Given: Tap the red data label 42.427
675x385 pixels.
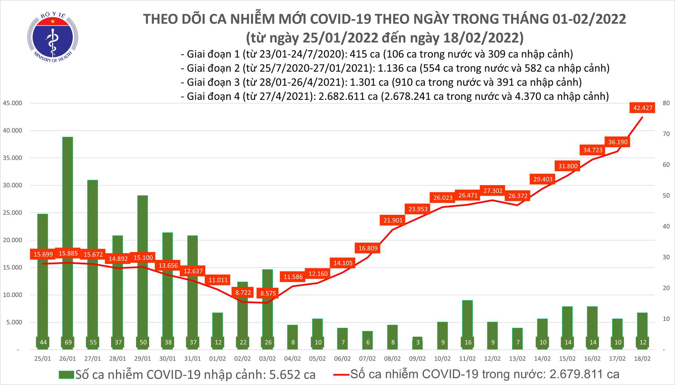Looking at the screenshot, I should coord(643,108).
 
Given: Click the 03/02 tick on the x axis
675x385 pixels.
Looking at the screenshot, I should coord(267,359).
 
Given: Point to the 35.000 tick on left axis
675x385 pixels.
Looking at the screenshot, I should coord(12,158).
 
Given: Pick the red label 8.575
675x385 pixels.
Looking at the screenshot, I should coord(268,293).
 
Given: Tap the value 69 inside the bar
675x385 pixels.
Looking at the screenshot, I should coord(68,342).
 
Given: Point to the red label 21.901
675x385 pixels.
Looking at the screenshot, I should coord(393,221).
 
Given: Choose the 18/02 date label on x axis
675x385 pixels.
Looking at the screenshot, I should coord(642,359).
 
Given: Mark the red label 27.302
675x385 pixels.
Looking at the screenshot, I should coord(493,191).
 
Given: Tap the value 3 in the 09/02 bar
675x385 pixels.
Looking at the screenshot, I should coord(418,342).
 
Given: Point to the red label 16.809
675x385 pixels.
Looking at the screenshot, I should coord(368,248).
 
